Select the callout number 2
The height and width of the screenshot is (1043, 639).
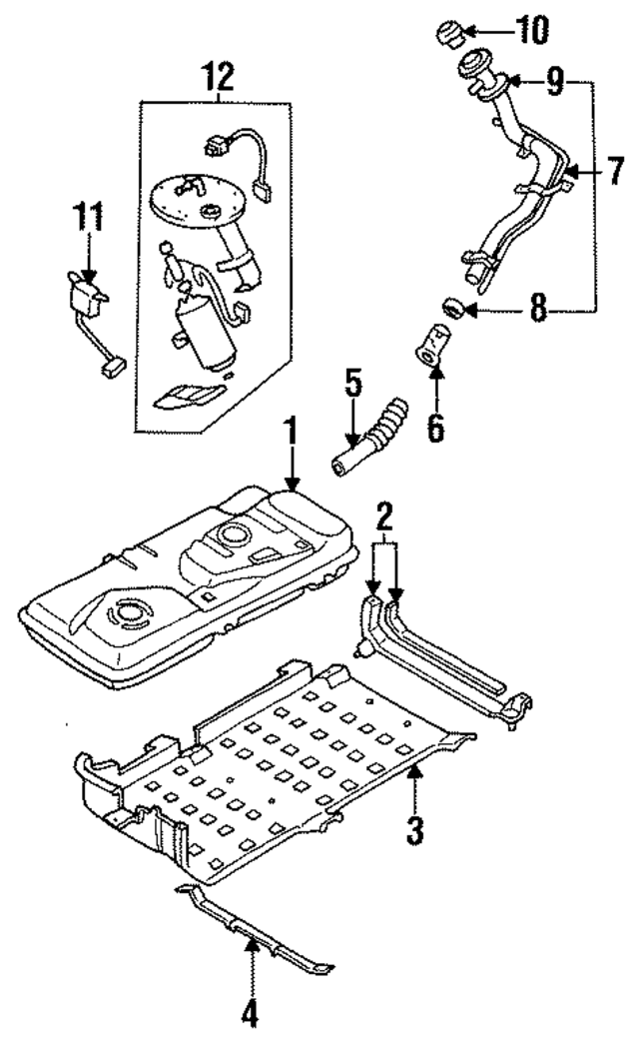[383, 519]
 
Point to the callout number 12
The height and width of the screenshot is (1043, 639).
[218, 76]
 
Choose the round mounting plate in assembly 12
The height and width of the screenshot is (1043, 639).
[197, 202]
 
